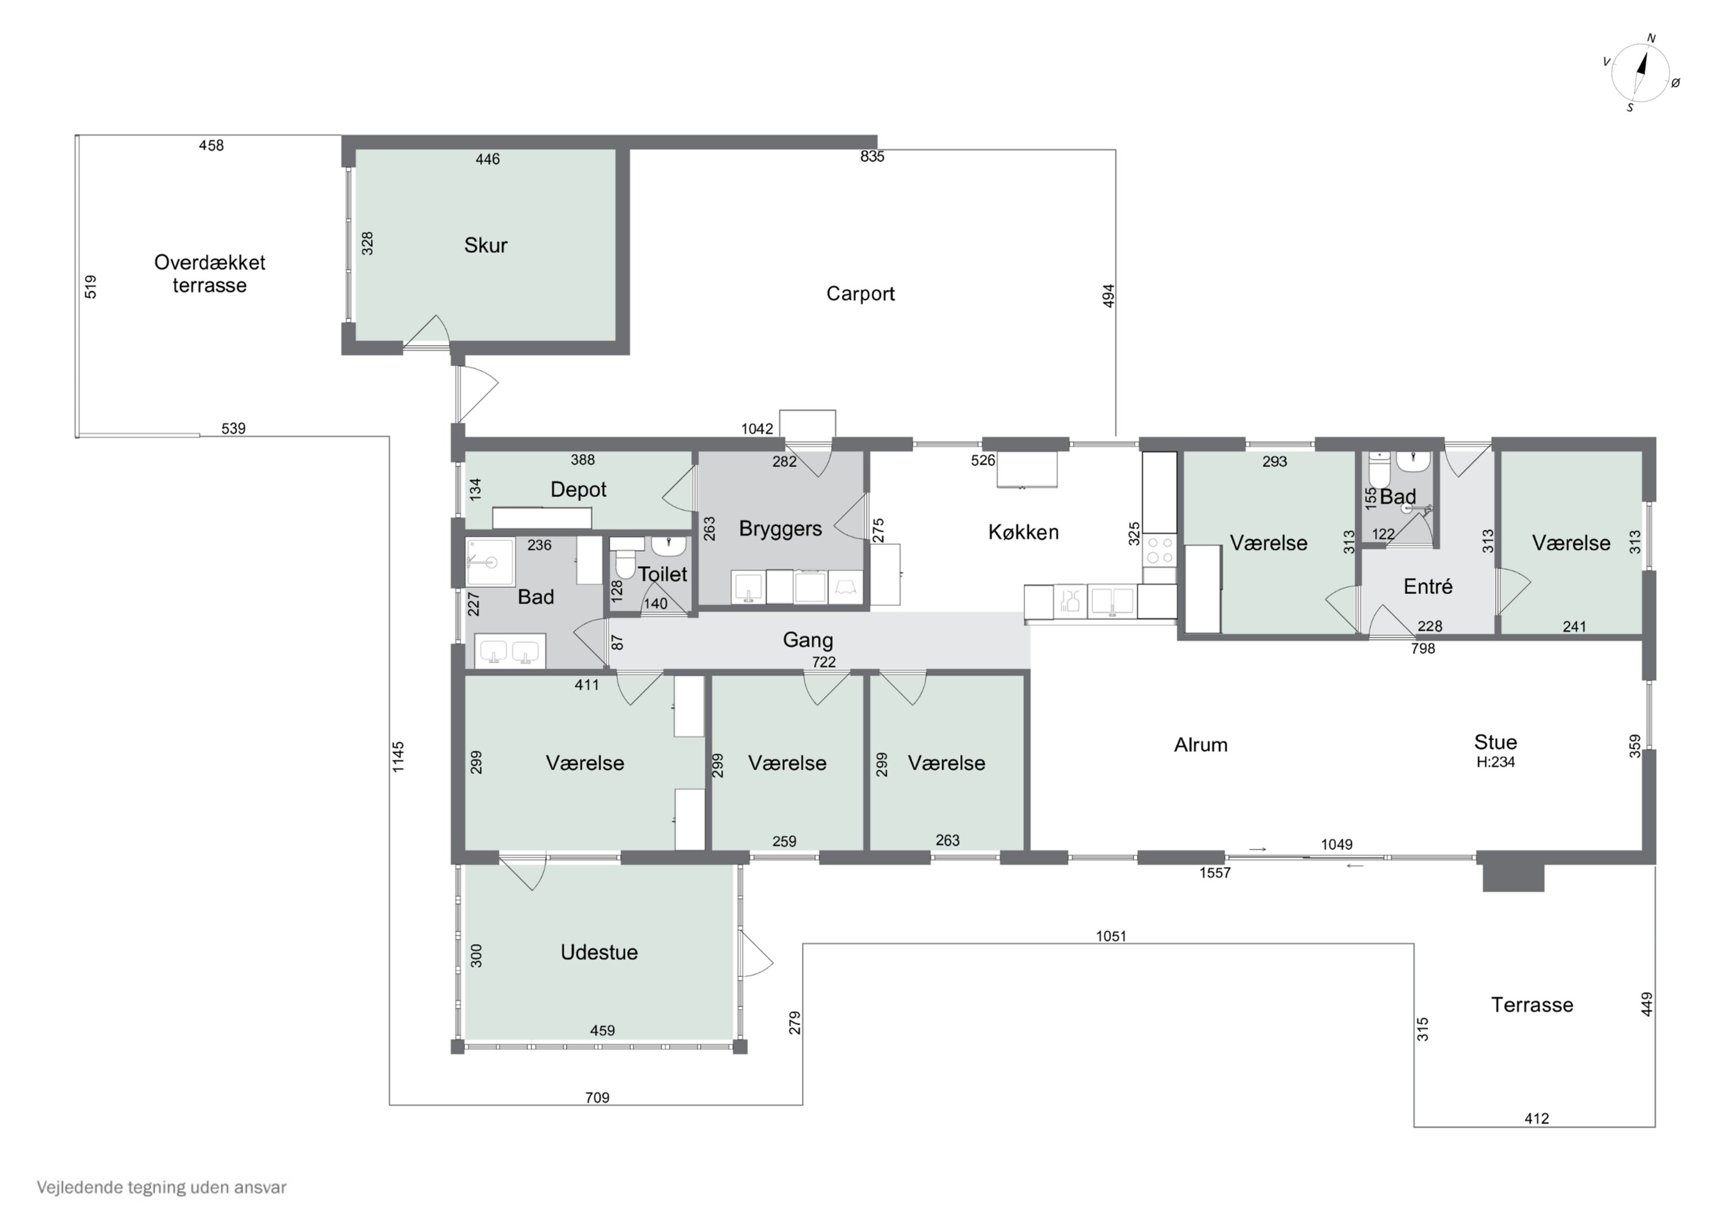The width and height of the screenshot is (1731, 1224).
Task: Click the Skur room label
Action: pyautogui.click(x=485, y=245)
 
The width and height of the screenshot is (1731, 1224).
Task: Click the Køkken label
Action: pyautogui.click(x=1023, y=533)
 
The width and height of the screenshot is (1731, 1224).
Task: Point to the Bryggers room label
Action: pyautogui.click(x=780, y=529)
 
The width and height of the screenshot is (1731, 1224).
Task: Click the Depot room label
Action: pyautogui.click(x=578, y=490)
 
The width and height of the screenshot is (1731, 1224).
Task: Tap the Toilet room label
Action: pyautogui.click(x=663, y=575)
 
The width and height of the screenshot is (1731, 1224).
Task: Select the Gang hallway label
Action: pyautogui.click(x=807, y=641)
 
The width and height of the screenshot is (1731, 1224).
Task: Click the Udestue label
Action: pyautogui.click(x=598, y=953)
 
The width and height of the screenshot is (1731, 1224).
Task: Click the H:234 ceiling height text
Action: pyautogui.click(x=1495, y=762)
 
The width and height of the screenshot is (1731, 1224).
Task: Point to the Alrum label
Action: pyautogui.click(x=1200, y=745)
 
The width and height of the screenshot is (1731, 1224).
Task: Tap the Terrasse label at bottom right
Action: pyautogui.click(x=1532, y=1005)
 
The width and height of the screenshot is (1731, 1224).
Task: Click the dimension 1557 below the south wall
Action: pyautogui.click(x=1215, y=873)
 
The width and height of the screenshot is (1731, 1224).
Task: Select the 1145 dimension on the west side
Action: pyautogui.click(x=398, y=757)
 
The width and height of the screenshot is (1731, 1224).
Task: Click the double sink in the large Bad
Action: pyautogui.click(x=509, y=652)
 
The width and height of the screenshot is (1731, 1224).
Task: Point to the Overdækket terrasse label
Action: pyautogui.click(x=209, y=274)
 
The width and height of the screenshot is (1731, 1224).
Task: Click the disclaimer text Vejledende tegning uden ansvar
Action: pyautogui.click(x=162, y=1188)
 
